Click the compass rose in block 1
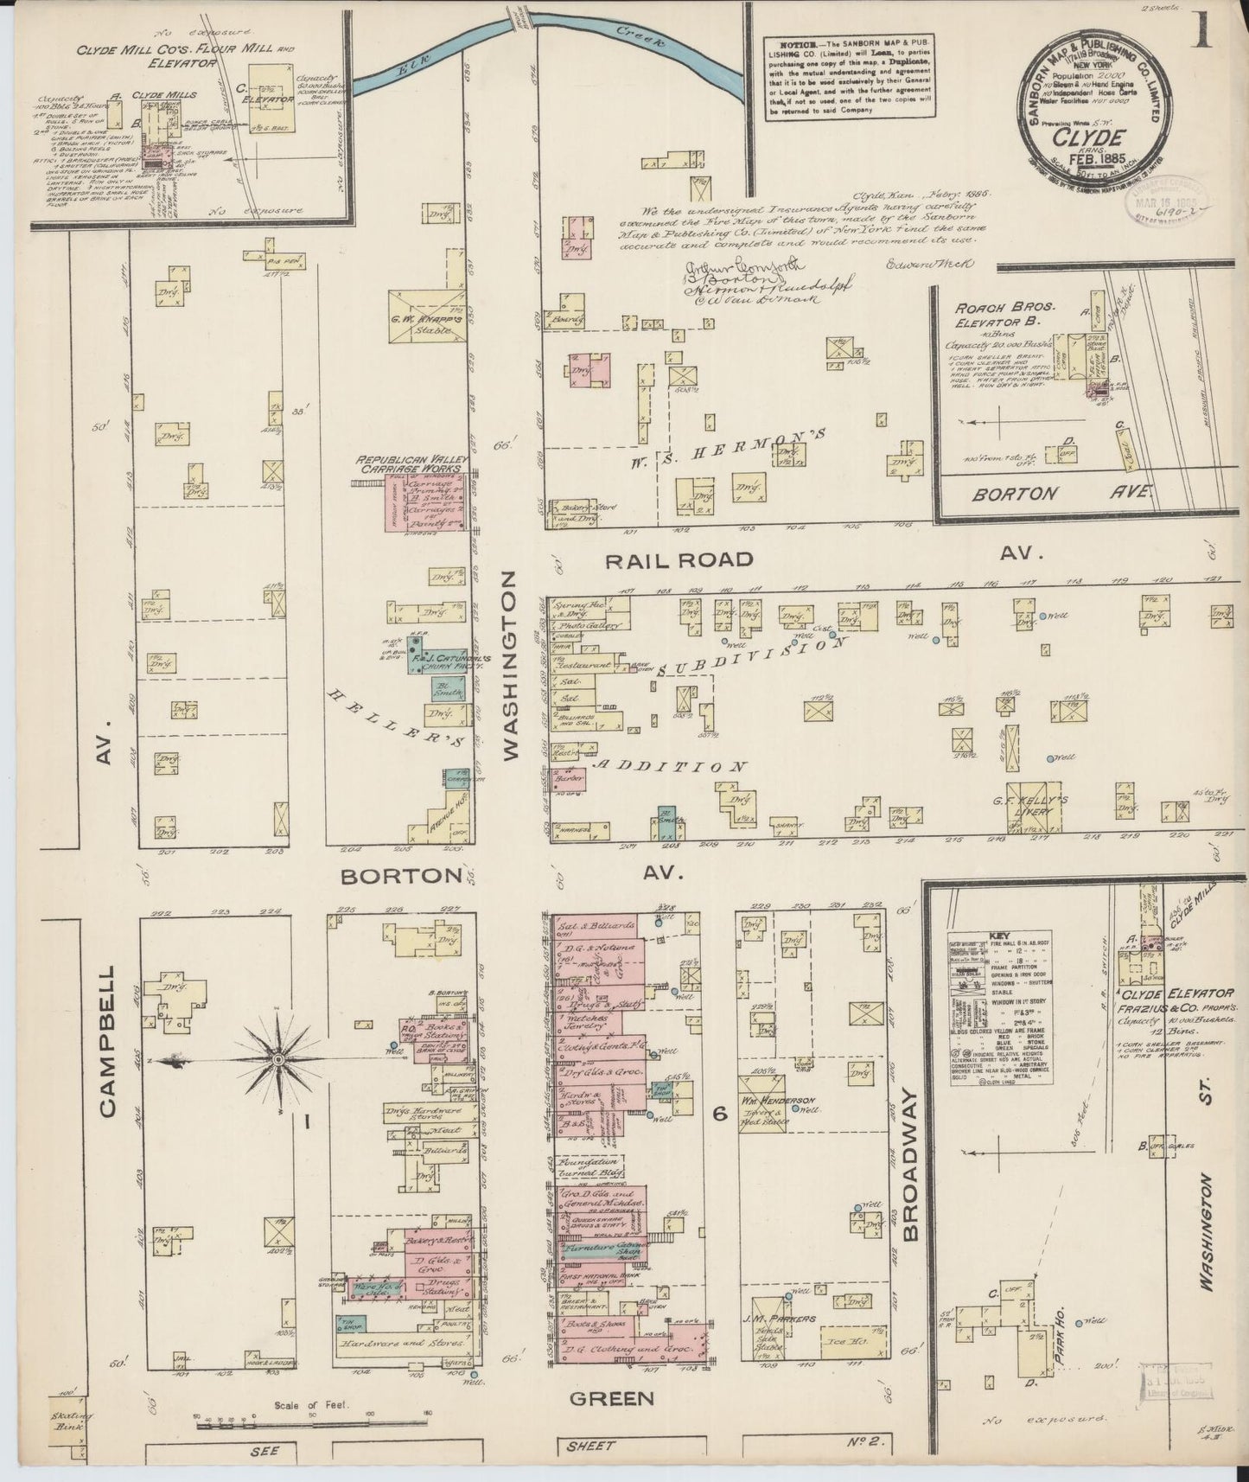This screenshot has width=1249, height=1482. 278,1059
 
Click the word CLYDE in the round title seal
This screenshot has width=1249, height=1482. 1094,137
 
